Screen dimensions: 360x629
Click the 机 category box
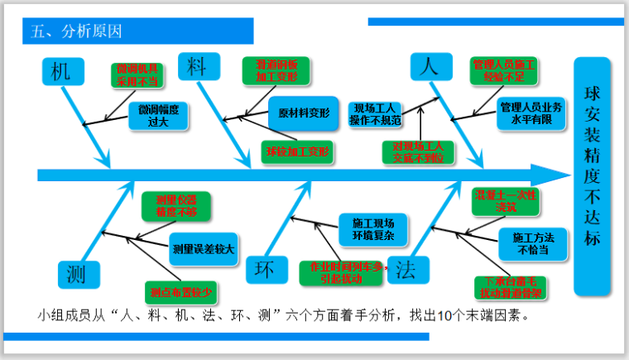(x=61, y=72)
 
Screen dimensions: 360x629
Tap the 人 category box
(x=428, y=67)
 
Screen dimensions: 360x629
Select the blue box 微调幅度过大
(x=153, y=116)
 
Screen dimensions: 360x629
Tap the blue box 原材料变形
(x=304, y=113)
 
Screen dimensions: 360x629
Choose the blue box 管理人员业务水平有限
(x=531, y=114)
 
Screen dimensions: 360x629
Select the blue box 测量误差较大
(x=202, y=247)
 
